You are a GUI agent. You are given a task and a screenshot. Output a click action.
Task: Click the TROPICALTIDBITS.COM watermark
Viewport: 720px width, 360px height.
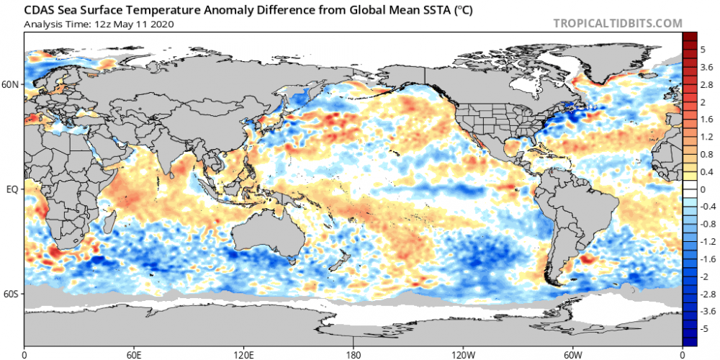click(617, 23)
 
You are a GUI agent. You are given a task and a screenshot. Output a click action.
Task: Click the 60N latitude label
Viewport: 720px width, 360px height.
click(11, 84)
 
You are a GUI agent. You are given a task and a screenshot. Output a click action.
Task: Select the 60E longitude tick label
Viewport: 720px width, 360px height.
click(134, 354)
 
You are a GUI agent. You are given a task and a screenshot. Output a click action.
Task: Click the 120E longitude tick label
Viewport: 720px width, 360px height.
click(243, 354)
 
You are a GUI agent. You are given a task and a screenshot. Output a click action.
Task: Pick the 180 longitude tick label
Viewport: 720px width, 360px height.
click(354, 354)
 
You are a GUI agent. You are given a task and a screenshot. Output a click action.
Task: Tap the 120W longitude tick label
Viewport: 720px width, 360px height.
click(463, 354)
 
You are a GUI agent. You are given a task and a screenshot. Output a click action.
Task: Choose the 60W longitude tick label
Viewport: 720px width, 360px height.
click(572, 354)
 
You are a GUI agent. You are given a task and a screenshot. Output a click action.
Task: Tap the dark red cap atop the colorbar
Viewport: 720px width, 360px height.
click(689, 37)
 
